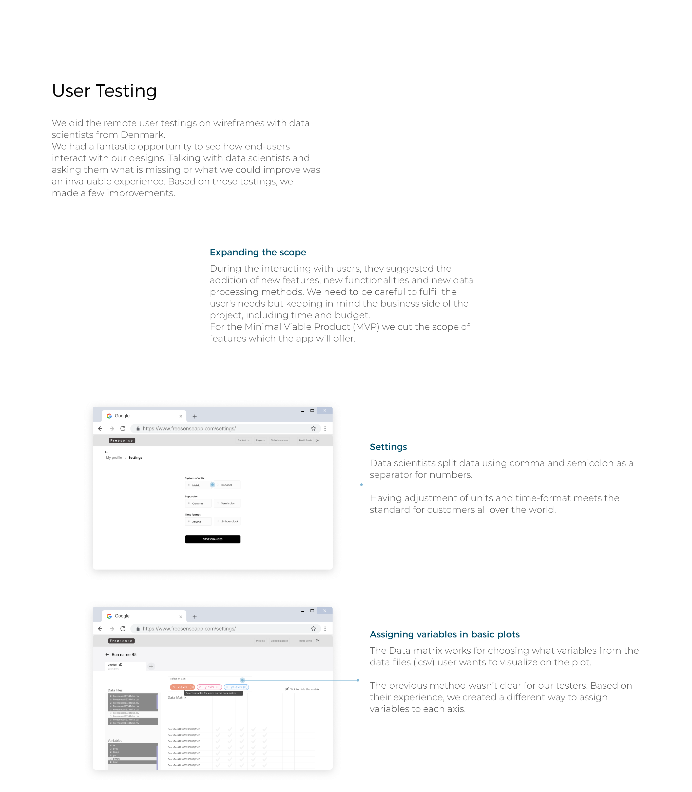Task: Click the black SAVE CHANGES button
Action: [213, 539]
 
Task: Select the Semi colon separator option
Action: [227, 503]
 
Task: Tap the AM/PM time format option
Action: [198, 521]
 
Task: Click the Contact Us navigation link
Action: [243, 440]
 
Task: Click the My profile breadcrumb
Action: [114, 458]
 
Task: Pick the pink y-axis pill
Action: [209, 687]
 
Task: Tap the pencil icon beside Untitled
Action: [121, 664]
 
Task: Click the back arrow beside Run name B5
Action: [107, 654]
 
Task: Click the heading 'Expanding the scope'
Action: [258, 252]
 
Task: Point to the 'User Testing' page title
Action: [104, 91]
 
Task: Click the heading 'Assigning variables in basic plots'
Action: [445, 634]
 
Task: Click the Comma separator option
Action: [198, 503]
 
